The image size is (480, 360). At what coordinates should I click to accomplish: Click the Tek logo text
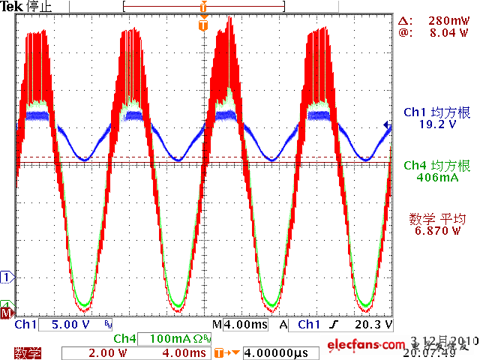tap(11, 6)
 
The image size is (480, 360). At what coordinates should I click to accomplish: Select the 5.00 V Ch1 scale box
tap(70, 325)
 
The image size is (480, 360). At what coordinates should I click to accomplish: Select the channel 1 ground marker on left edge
tap(7, 277)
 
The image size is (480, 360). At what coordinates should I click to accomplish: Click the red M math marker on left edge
tap(7, 312)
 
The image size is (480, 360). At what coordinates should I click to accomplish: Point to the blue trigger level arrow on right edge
tap(386, 126)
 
